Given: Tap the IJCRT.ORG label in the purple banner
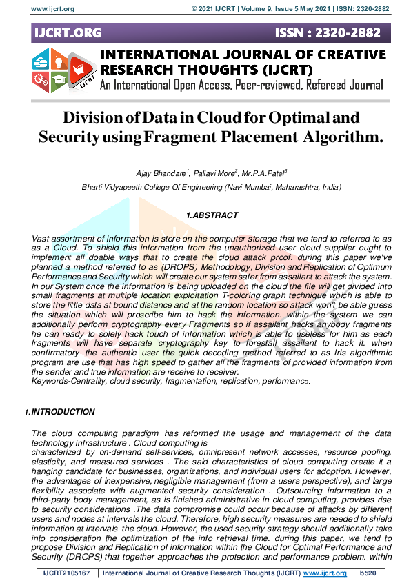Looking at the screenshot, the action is point(67,32).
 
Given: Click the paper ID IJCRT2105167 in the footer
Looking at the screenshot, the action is point(66,573).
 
